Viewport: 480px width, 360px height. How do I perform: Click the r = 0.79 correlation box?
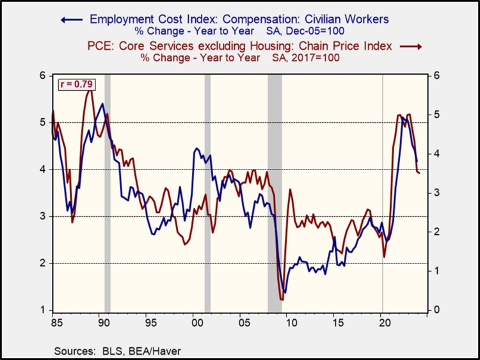coord(72,84)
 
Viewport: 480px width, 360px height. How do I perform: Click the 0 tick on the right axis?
coord(436,310)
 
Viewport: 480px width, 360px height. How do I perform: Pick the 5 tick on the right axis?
coord(436,114)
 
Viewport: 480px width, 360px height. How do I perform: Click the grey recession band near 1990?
coord(108,192)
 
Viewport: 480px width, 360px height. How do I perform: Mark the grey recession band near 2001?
coord(207,192)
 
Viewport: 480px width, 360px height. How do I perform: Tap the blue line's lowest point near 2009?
coord(285,292)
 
